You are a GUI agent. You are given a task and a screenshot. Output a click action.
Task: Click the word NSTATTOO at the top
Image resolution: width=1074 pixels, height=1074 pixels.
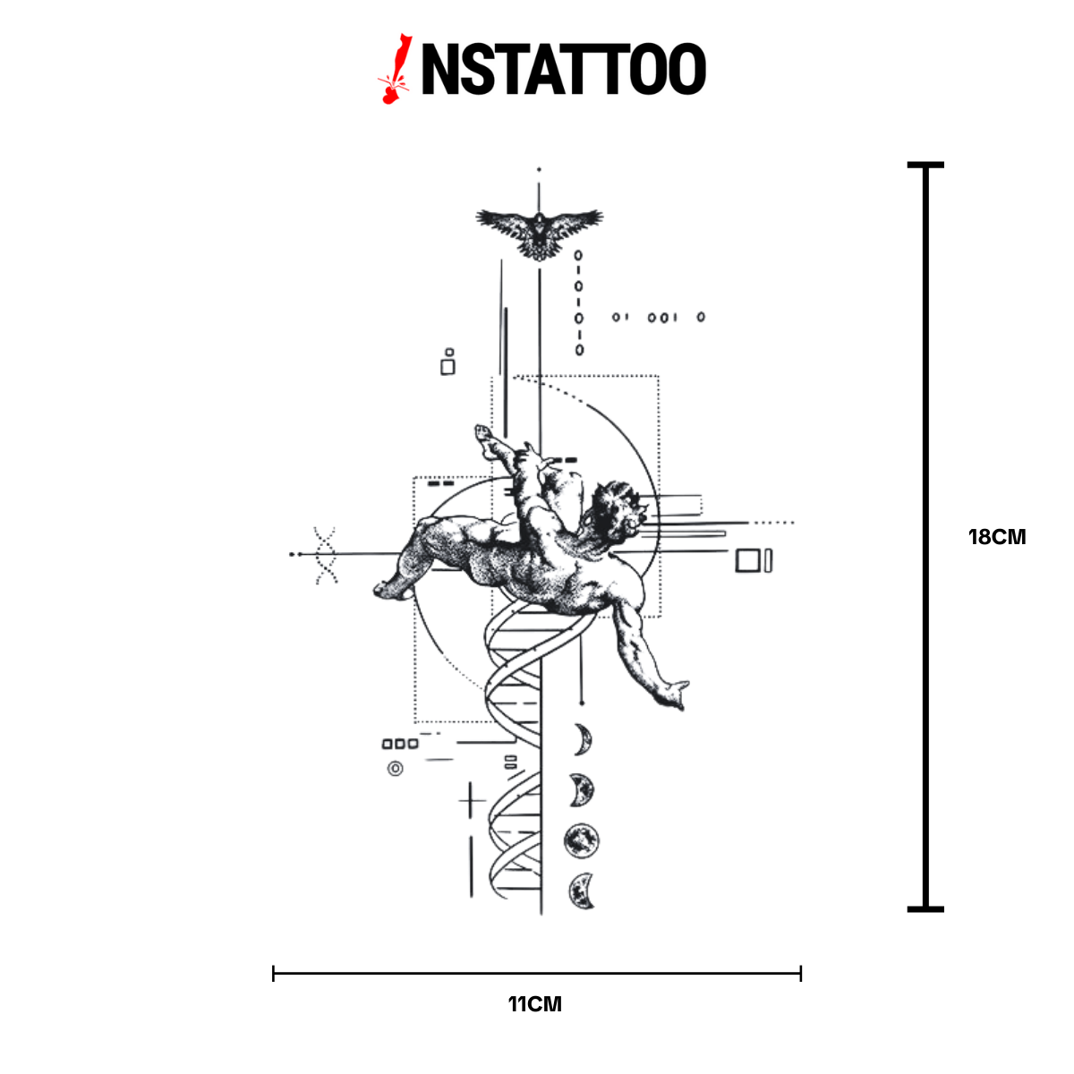pyautogui.click(x=564, y=69)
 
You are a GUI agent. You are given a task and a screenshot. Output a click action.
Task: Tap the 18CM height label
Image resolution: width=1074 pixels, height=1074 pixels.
pyautogui.click(x=996, y=537)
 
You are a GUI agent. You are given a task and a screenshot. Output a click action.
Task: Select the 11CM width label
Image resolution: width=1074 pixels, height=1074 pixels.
pyautogui.click(x=535, y=1004)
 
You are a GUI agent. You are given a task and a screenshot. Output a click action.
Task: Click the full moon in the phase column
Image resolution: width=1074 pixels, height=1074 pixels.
pyautogui.click(x=582, y=841)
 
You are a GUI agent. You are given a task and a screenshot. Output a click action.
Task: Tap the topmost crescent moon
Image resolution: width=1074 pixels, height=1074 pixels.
pyautogui.click(x=584, y=739)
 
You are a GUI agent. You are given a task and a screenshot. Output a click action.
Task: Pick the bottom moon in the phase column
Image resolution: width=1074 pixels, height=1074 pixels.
pyautogui.click(x=582, y=891)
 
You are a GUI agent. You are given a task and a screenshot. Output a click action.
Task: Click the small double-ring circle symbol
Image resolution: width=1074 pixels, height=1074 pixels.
pyautogui.click(x=396, y=769)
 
